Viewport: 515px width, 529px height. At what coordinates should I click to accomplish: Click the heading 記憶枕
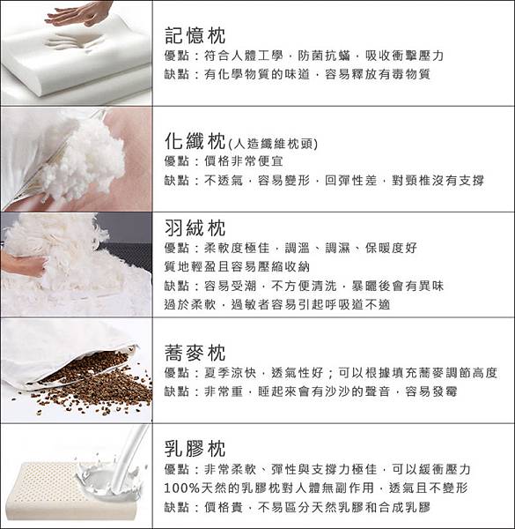(x=195, y=35)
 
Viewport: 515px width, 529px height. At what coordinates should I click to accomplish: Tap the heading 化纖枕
(x=195, y=141)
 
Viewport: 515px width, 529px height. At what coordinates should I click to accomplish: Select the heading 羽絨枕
(x=195, y=228)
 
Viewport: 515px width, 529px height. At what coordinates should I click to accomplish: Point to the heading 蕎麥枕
(x=195, y=353)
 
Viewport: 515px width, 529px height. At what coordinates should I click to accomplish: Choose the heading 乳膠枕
(x=195, y=449)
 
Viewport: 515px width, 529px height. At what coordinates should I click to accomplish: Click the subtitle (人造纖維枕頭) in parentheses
(x=273, y=144)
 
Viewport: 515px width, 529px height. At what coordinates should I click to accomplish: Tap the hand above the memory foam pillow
(x=79, y=13)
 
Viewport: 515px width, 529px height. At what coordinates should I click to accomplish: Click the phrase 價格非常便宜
(x=244, y=161)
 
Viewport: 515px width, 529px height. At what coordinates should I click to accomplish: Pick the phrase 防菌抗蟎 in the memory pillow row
(x=324, y=56)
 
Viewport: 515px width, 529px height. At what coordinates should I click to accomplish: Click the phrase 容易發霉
(x=431, y=391)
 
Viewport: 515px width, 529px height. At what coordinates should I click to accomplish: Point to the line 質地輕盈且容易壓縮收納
(x=237, y=267)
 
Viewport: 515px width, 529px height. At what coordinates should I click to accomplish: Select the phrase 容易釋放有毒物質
(x=378, y=74)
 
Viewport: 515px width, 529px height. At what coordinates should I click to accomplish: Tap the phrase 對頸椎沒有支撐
(x=438, y=181)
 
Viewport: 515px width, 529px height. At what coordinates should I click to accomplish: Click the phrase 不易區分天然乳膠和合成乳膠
(x=344, y=507)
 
